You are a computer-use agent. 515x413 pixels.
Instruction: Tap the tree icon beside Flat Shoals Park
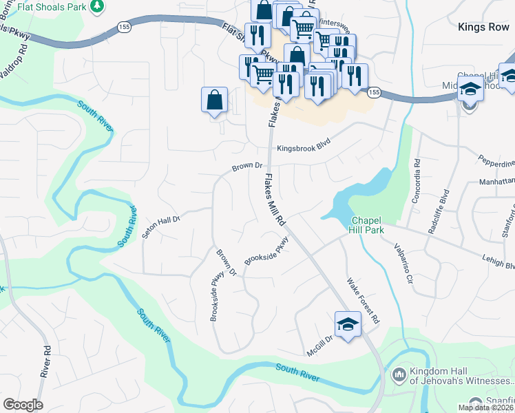(x=97, y=6)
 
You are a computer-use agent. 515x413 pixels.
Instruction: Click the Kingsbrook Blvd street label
(x=304, y=148)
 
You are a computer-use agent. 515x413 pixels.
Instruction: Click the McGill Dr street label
(x=320, y=346)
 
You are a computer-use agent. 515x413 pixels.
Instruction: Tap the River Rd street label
(x=46, y=361)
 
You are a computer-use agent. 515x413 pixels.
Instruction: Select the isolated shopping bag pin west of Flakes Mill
(x=214, y=100)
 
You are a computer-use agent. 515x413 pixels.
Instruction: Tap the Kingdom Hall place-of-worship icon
(x=399, y=374)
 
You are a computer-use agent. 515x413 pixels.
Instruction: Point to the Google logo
(x=23, y=405)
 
